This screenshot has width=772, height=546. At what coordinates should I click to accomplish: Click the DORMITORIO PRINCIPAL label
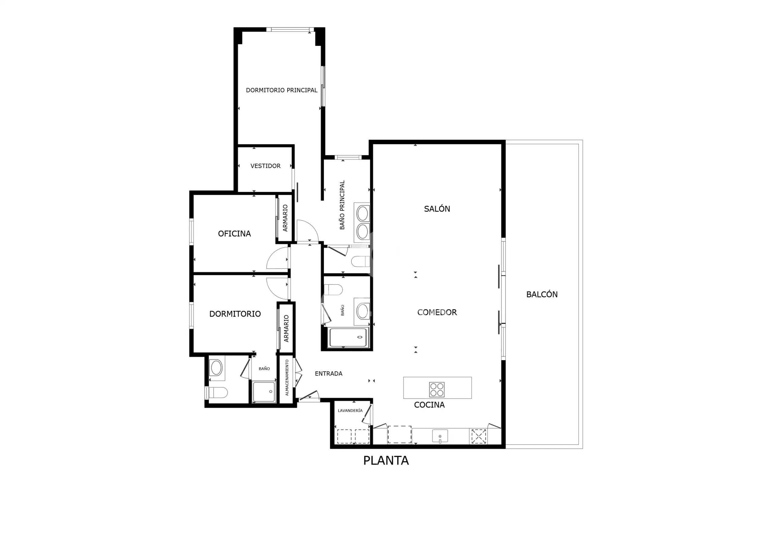(281, 90)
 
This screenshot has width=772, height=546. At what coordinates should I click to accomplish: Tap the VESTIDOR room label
(265, 166)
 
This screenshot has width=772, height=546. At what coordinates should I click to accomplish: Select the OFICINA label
(234, 233)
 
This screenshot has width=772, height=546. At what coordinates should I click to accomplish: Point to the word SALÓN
(437, 208)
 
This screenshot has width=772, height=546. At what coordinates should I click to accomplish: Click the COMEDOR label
(437, 312)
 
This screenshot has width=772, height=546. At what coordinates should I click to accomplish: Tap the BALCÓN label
(542, 294)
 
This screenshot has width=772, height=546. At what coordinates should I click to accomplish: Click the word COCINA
(429, 405)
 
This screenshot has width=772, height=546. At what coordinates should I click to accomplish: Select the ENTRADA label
(328, 373)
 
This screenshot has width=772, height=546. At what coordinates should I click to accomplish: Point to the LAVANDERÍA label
(350, 411)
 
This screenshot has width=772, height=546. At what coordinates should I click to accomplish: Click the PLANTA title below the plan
(386, 461)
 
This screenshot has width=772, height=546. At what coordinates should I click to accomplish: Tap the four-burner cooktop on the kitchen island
(437, 389)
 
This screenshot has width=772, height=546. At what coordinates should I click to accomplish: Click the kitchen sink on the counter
(440, 436)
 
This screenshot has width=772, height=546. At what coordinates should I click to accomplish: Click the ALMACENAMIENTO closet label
(287, 377)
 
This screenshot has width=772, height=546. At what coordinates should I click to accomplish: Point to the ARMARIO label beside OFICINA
(285, 218)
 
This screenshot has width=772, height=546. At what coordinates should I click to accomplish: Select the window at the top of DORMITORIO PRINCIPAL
(290, 30)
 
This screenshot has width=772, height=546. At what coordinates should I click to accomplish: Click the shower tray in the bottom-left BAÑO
(264, 392)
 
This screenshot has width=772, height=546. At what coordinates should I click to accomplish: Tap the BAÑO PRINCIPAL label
(342, 205)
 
